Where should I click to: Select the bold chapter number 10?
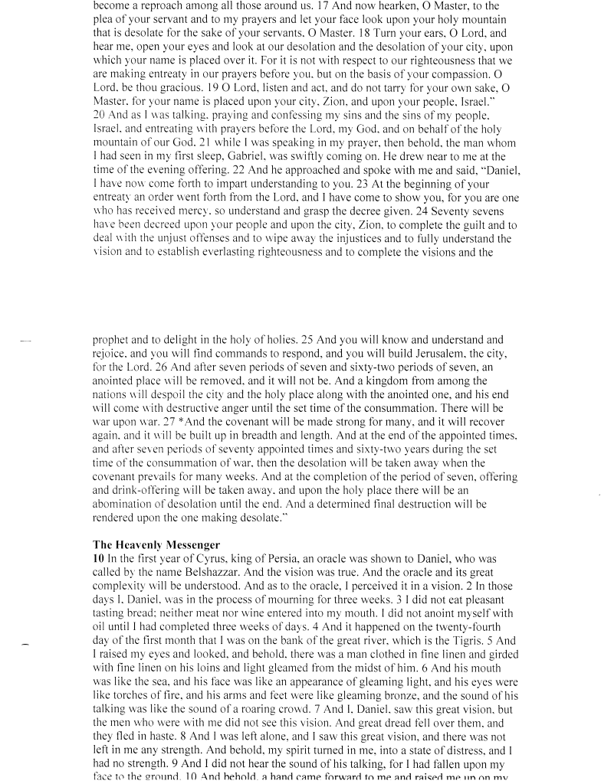[x=97, y=560]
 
